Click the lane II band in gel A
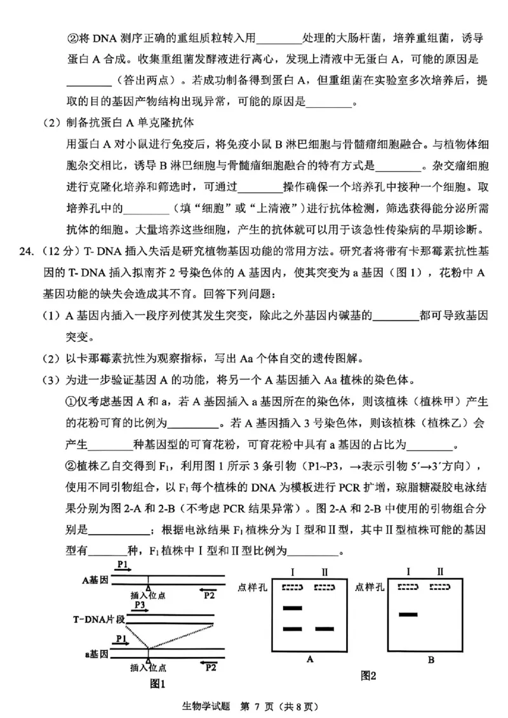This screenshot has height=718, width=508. click(x=325, y=629)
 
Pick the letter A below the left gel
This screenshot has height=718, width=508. click(x=310, y=659)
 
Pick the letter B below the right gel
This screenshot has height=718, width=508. click(x=431, y=660)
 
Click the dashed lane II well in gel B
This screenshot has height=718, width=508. click(x=441, y=587)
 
